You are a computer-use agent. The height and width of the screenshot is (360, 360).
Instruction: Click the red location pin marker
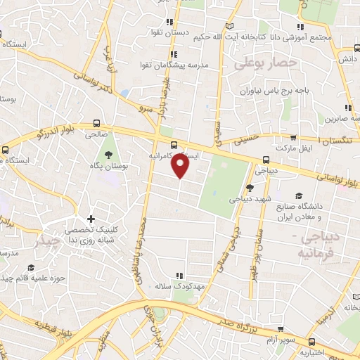(181, 165)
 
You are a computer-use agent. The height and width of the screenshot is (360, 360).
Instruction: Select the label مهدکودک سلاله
(180, 286)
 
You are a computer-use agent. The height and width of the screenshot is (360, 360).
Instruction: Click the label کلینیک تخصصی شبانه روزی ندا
(91, 235)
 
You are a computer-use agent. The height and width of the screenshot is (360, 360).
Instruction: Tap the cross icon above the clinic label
(91, 219)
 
